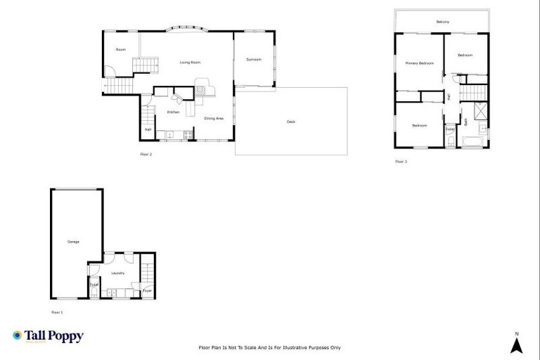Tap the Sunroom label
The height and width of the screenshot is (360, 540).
pos(254,60)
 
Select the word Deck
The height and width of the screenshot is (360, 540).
pos(290,122)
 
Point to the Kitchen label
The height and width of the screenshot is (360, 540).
pos(173,112)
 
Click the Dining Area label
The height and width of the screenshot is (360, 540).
pos(214,119)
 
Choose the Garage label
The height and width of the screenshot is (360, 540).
pos(73,242)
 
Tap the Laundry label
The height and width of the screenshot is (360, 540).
pos(118,273)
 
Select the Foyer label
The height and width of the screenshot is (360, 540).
pos(148,290)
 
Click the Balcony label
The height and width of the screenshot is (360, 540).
pos(442,22)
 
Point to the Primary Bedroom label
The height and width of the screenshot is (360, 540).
pos(419,63)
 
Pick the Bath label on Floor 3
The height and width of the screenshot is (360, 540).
pos(465,122)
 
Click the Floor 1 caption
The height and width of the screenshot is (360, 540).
pos(57,311)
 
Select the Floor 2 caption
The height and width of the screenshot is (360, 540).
pos(146,153)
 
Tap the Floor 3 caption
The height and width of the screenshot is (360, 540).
pos(401,161)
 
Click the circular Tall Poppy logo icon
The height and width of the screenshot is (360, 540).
pos(18,336)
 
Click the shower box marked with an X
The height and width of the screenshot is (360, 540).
pos(481,110)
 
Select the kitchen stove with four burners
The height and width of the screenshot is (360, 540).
pos(188,135)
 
